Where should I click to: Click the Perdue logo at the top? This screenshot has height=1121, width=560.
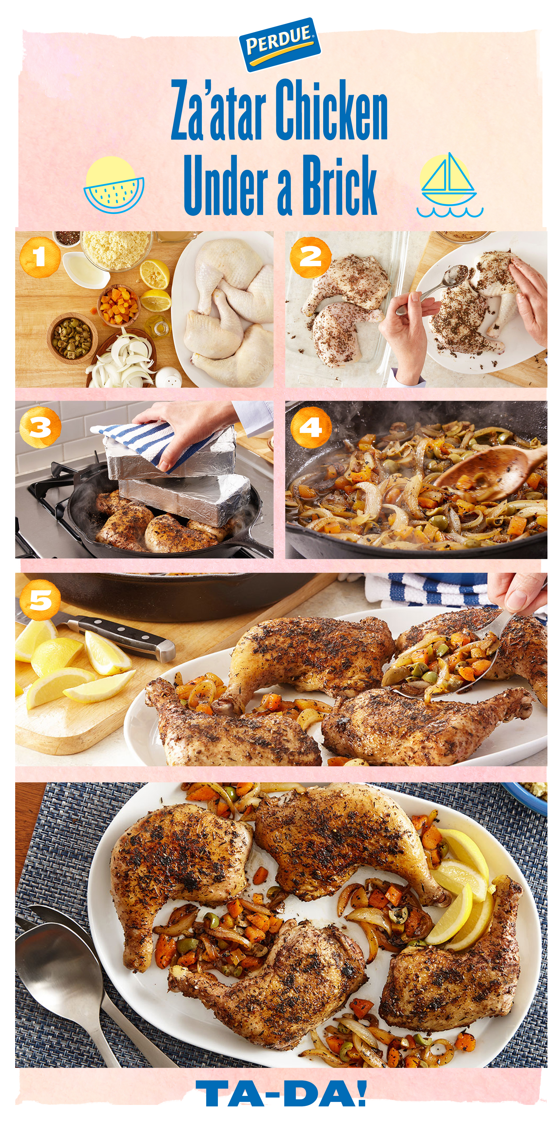coord(280,44)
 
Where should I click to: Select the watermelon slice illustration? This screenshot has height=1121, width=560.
coord(114,185)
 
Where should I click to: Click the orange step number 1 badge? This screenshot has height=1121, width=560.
coord(40,257)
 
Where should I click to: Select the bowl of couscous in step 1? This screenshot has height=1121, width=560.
coord(117,250)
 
